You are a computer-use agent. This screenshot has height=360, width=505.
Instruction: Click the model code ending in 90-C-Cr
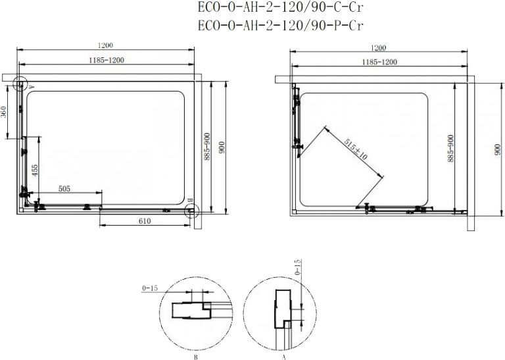(x=281, y=8)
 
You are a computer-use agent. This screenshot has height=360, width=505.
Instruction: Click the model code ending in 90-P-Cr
(x=281, y=26)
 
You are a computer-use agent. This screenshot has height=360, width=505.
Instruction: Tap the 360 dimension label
(x=4, y=111)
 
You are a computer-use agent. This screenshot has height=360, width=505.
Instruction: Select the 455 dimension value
(x=35, y=170)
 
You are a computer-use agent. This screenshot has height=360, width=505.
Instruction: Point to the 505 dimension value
(x=64, y=188)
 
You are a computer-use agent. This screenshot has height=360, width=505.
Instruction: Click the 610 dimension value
(x=145, y=221)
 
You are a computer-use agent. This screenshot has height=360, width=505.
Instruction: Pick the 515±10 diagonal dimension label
(x=355, y=149)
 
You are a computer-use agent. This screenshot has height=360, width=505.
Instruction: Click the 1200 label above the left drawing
(x=105, y=45)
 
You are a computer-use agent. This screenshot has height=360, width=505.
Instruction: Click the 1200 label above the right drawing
(x=379, y=48)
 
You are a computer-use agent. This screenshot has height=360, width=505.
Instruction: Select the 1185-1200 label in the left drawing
(x=107, y=61)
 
